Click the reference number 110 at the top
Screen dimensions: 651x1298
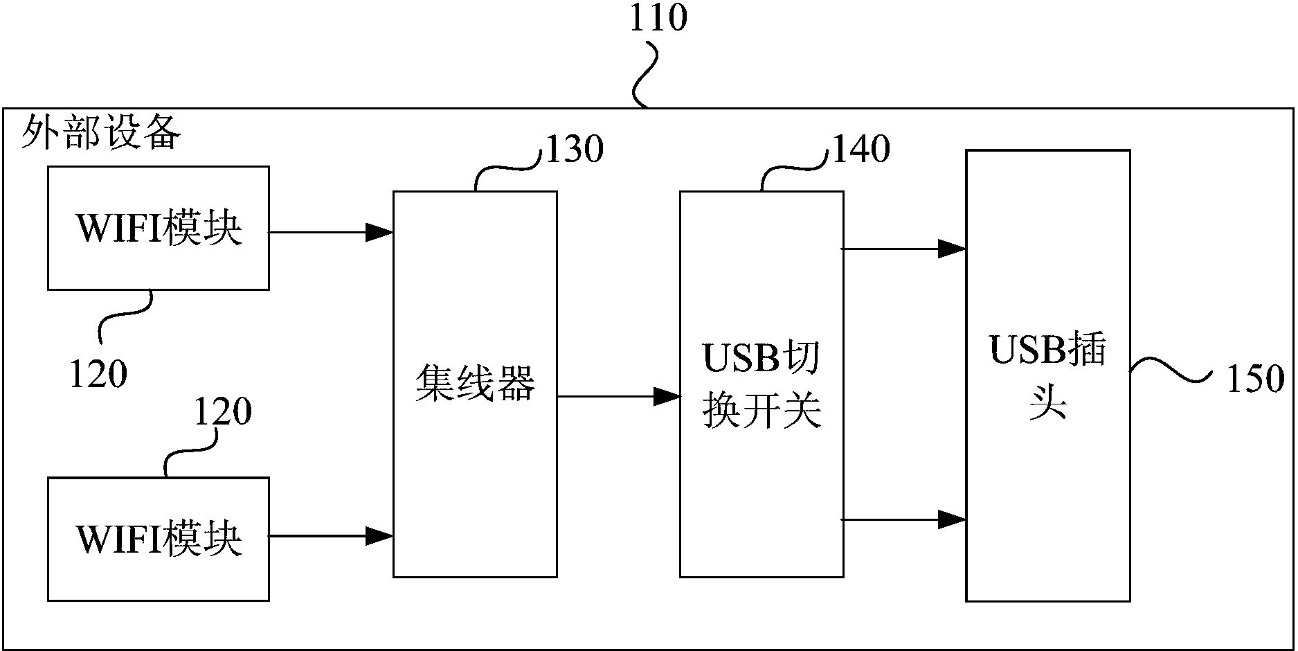pyautogui.click(x=657, y=19)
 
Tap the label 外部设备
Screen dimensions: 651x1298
pyautogui.click(x=101, y=132)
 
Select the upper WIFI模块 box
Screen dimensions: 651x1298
pyautogui.click(x=158, y=228)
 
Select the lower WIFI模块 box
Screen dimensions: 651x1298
pyautogui.click(x=158, y=539)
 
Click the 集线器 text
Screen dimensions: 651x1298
pyautogui.click(x=475, y=384)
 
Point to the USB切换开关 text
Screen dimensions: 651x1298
pyautogui.click(x=761, y=384)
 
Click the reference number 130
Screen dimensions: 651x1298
pyautogui.click(x=575, y=149)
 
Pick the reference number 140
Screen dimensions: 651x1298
pyautogui.click(x=860, y=149)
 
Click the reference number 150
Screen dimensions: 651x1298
pyautogui.click(x=1255, y=380)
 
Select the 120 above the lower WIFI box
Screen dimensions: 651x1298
pyautogui.click(x=222, y=412)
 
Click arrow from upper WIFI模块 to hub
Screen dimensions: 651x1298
pyautogui.click(x=331, y=232)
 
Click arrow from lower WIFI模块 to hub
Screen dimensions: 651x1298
pyautogui.click(x=331, y=535)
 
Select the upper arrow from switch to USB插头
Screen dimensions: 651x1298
pyautogui.click(x=903, y=248)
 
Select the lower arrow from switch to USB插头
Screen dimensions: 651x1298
pyautogui.click(x=903, y=519)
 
